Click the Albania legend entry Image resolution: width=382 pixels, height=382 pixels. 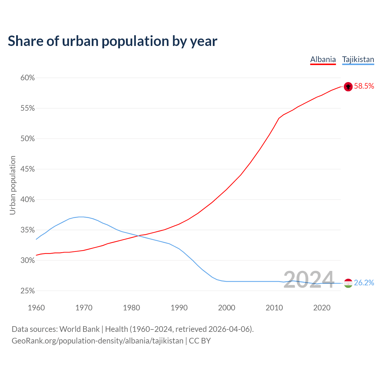pyautogui.click(x=323, y=59)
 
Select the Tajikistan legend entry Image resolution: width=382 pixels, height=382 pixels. pyautogui.click(x=358, y=59)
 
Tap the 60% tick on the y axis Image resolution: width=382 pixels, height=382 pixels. pyautogui.click(x=28, y=78)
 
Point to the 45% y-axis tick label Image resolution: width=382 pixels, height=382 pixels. pyautogui.click(x=28, y=169)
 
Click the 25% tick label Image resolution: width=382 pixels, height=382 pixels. pyautogui.click(x=28, y=291)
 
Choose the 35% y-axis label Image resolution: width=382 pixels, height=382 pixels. pyautogui.click(x=28, y=230)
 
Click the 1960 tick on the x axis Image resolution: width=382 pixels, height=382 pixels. pyautogui.click(x=36, y=308)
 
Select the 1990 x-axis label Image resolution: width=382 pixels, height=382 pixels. pyautogui.click(x=179, y=308)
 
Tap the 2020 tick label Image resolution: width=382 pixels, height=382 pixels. pyautogui.click(x=322, y=308)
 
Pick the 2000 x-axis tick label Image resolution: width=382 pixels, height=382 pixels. pyautogui.click(x=227, y=308)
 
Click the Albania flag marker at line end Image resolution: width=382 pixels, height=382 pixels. pyautogui.click(x=348, y=87)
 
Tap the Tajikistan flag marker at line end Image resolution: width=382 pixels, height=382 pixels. pyautogui.click(x=348, y=283)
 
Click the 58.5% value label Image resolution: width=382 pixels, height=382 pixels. pyautogui.click(x=364, y=86)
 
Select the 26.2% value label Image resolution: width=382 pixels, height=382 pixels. pyautogui.click(x=364, y=283)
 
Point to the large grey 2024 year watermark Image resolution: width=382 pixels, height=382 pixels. pyautogui.click(x=309, y=280)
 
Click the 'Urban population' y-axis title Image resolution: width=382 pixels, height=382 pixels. pyautogui.click(x=13, y=185)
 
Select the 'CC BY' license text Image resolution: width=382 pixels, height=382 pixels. pyautogui.click(x=200, y=341)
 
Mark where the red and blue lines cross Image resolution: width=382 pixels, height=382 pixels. pyautogui.click(x=138, y=236)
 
